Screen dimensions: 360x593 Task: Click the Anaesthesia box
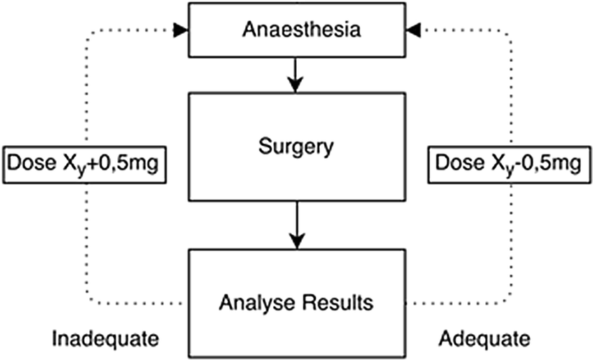[x=295, y=30]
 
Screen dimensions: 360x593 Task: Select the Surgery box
[x=295, y=147]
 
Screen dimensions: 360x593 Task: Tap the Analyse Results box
[x=295, y=302]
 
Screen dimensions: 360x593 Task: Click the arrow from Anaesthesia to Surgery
[x=295, y=75]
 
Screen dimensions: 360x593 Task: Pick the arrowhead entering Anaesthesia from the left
[x=181, y=30]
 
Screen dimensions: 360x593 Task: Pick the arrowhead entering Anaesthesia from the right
[x=412, y=30]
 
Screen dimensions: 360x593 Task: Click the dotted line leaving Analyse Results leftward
[x=137, y=302]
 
